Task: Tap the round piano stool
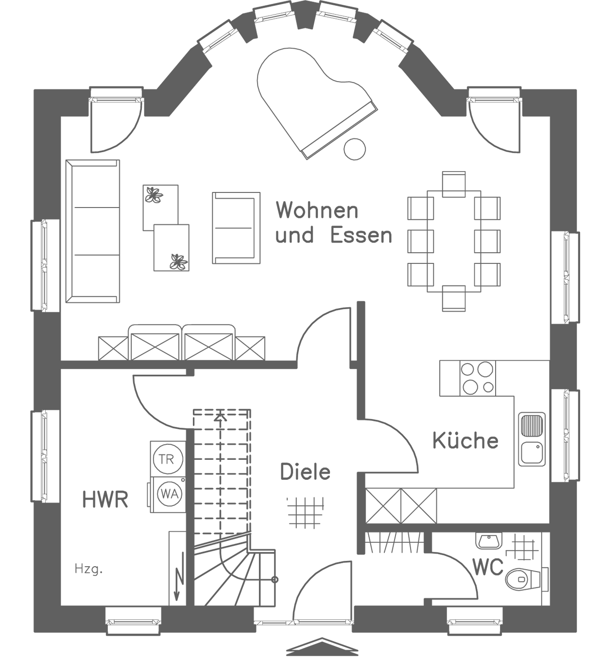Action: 354,149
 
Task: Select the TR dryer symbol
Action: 166,459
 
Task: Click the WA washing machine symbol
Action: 169,494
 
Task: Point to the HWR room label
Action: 105,499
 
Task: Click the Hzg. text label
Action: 88,569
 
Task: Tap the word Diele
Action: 305,472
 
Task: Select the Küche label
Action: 465,440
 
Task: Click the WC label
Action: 487,567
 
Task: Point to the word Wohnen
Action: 317,210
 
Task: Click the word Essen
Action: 361,235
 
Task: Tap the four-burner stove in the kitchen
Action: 477,378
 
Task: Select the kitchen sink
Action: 532,438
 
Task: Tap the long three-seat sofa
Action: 93,230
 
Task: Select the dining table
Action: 454,241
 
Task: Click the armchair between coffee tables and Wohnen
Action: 236,227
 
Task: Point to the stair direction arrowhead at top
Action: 221,416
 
